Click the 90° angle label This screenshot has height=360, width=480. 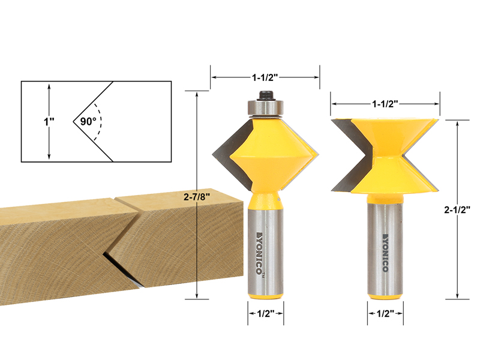point(88,122)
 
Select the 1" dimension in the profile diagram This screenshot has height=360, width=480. point(49,122)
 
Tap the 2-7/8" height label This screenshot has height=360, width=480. point(197,197)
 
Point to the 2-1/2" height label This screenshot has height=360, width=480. point(457,209)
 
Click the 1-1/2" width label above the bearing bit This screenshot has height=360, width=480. point(265,77)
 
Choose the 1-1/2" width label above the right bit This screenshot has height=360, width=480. point(385,104)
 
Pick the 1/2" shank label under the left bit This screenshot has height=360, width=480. point(265,313)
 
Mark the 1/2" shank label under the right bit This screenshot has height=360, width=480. point(385,313)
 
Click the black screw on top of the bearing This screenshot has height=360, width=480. point(265,95)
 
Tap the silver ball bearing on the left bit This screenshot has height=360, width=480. point(265,108)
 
